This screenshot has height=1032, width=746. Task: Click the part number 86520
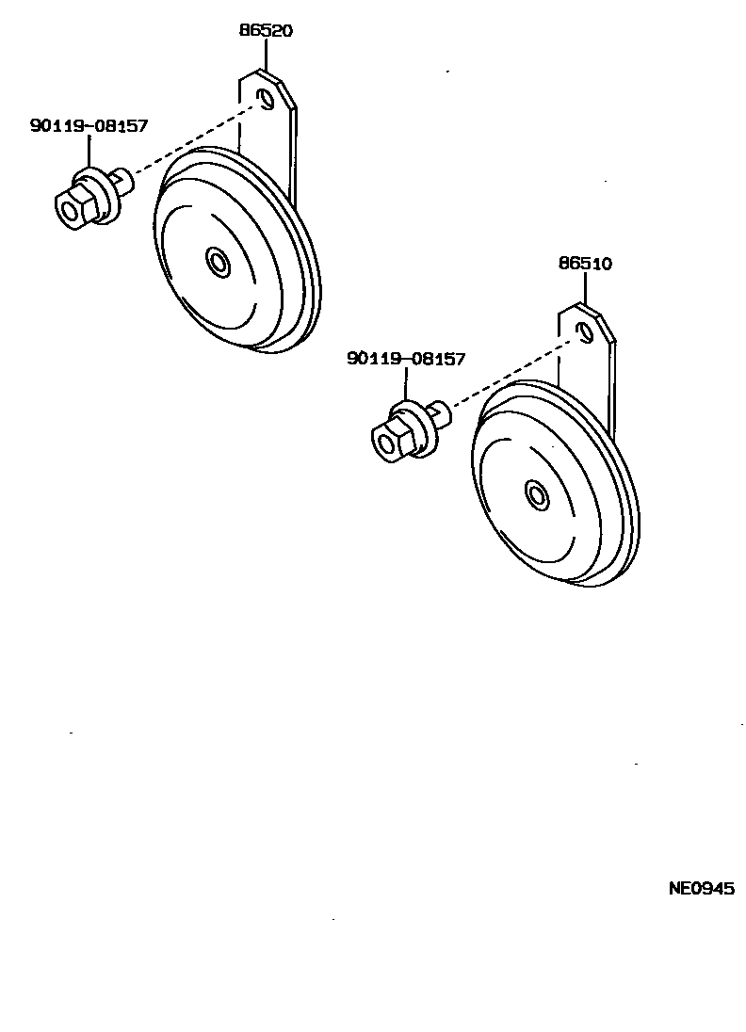coord(265,30)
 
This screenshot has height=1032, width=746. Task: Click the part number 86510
coord(585,264)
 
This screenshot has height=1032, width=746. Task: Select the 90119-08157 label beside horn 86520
coord(89,125)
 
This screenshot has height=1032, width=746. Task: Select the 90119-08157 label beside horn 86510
coord(406,359)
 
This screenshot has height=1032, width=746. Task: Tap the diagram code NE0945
coord(701,888)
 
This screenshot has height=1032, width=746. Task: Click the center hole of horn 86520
coord(219,263)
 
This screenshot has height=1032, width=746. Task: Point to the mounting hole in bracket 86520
coord(267,99)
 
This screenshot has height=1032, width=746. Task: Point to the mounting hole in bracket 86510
coord(585,331)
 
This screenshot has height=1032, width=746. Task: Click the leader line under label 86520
coord(265,54)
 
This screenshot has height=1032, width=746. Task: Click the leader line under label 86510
coord(585,288)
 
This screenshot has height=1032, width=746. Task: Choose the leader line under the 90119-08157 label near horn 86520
coord(89,151)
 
